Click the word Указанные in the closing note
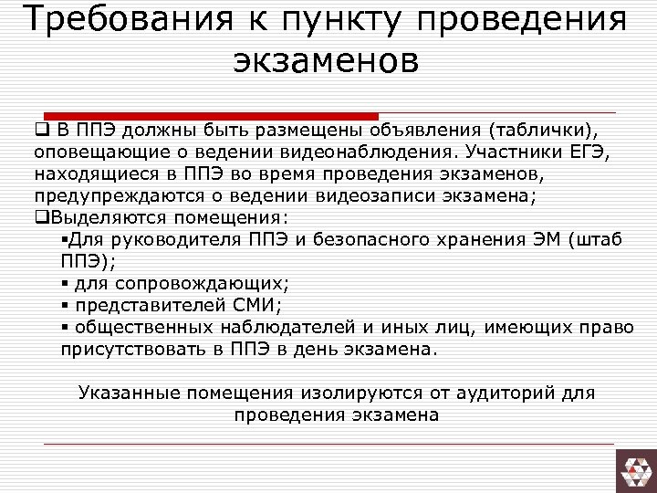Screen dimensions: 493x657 click(x=128, y=393)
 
